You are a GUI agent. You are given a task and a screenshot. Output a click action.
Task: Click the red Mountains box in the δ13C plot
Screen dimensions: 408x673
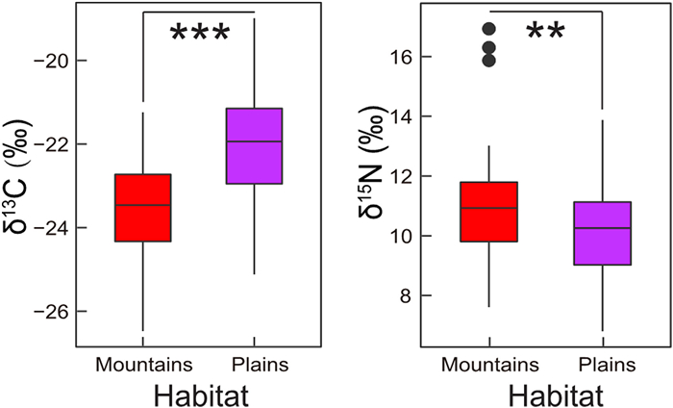pyautogui.click(x=142, y=208)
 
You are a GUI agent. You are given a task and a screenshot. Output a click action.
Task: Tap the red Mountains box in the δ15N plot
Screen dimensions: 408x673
pyautogui.click(x=488, y=212)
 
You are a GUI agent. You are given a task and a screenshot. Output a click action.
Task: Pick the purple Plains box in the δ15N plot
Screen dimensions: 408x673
pyautogui.click(x=601, y=233)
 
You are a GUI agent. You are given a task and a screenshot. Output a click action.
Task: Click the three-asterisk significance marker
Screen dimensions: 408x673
pyautogui.click(x=200, y=35)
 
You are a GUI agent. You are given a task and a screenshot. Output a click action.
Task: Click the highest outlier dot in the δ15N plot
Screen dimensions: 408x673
pyautogui.click(x=489, y=29)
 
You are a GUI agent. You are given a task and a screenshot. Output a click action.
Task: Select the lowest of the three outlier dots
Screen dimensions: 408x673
pyautogui.click(x=489, y=61)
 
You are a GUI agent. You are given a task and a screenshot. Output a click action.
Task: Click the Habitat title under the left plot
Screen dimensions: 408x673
pyautogui.click(x=198, y=394)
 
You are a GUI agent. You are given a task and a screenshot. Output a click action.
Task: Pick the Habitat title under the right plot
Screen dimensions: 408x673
pyautogui.click(x=544, y=394)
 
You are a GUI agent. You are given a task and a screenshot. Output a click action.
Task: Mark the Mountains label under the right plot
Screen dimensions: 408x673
pyautogui.click(x=488, y=364)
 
